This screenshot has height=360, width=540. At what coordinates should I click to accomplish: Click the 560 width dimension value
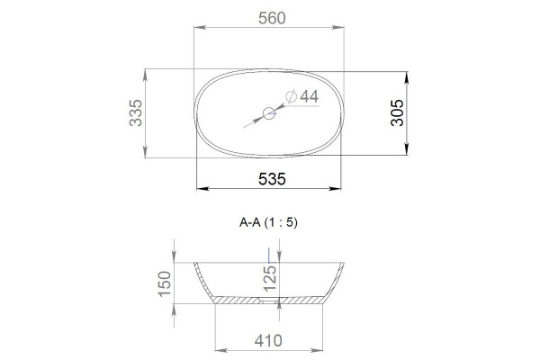tap(272, 18)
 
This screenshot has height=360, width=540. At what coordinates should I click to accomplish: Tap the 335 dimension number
tap(136, 112)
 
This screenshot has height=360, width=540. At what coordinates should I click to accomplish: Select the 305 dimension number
tap(397, 112)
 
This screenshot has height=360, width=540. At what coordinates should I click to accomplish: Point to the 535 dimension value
tap(272, 179)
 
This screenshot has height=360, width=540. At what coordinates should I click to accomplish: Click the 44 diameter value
tap(310, 96)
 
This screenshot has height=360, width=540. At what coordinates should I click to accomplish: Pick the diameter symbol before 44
tap(292, 96)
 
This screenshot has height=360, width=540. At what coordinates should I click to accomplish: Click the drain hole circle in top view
tap(269, 113)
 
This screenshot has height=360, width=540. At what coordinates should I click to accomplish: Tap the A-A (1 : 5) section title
tap(268, 222)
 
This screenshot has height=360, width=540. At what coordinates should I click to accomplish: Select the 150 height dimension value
tap(165, 283)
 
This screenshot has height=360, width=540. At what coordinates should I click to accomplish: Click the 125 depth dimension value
tap(270, 279)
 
